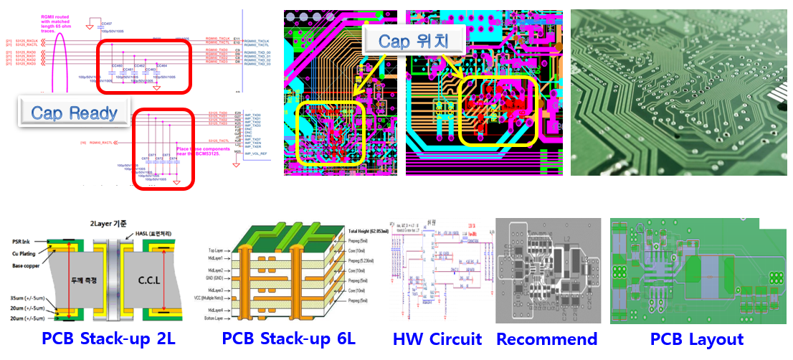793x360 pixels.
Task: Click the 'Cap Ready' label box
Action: pos(78,113)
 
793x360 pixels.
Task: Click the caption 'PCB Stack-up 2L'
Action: pos(107,338)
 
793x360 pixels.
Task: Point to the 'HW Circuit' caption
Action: pos(437,338)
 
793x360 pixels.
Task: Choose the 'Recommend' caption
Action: pos(546,338)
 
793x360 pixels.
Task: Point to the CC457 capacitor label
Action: pos(107,23)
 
